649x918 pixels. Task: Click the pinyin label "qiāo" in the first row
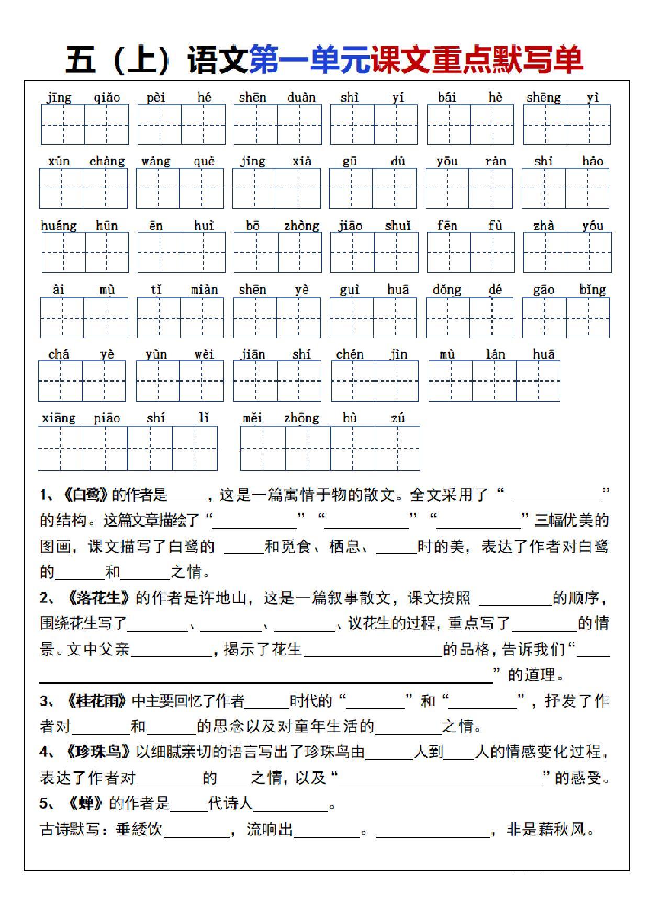107,98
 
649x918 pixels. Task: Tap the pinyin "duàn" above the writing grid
301,98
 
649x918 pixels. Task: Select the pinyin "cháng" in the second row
107,162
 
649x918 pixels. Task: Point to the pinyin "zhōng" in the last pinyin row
301,418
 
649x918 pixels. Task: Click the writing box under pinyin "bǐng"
588,318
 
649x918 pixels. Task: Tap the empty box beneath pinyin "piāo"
105,448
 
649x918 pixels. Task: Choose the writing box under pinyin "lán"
494,381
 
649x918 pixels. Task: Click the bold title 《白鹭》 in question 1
86,495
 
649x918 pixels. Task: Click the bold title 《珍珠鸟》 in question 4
98,752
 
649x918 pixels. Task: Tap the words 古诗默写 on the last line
70,830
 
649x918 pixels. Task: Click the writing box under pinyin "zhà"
545,252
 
